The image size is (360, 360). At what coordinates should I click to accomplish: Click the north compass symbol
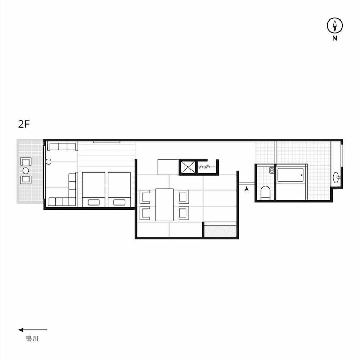335,26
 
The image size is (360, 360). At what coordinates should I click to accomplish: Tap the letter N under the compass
335,39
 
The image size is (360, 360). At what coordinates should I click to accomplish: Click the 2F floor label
24,125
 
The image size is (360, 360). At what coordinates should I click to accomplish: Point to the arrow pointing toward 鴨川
33,330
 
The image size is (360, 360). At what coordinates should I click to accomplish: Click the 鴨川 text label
32,339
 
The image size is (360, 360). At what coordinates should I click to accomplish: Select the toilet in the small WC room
265,193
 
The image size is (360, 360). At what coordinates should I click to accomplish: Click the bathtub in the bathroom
291,175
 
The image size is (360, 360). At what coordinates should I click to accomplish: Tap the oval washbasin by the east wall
336,177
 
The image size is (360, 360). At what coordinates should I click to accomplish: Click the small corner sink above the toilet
271,170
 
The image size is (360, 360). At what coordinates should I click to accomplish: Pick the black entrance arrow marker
247,189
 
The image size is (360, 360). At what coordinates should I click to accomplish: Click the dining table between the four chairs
165,205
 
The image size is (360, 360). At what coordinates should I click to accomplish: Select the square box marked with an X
188,167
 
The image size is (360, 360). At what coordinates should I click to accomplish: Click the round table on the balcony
26,171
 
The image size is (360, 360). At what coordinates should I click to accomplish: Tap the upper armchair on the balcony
26,162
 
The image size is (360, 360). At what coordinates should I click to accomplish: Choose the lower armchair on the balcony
26,180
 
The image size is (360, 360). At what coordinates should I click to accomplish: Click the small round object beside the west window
49,162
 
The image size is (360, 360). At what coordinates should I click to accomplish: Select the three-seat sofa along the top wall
62,146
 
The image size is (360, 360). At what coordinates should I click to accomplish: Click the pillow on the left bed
94,202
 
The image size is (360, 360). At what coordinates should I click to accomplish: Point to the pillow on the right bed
119,202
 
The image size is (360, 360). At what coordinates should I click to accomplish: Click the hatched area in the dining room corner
220,231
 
